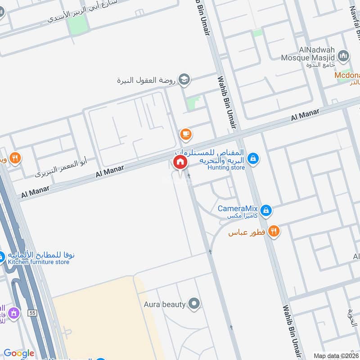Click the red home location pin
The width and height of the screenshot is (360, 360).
180,162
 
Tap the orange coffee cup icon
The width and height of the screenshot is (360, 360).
185,134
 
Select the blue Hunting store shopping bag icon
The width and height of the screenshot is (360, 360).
253,158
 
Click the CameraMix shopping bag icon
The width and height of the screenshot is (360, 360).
266,210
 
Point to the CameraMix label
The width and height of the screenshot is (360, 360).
238,209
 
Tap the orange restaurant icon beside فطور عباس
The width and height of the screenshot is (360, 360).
274,232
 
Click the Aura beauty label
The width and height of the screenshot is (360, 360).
165,304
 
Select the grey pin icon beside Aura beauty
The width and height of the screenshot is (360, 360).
194,304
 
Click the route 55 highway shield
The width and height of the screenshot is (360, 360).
31,312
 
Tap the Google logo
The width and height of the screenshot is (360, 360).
19,353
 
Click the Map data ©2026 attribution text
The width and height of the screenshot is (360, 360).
336,355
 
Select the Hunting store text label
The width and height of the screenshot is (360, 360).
226,168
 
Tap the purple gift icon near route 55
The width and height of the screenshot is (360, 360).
13,312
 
